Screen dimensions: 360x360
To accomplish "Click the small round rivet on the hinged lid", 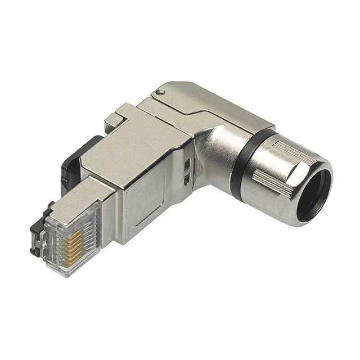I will [161, 92].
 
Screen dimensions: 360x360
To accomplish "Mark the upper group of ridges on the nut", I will [290, 151].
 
